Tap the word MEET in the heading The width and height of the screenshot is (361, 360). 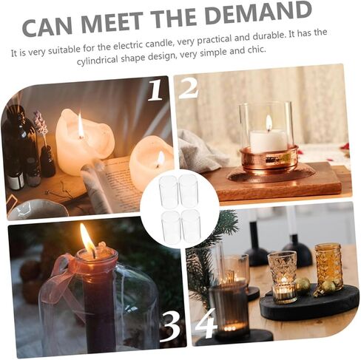[x=112, y=21]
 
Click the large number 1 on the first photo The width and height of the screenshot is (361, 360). [x=156, y=91]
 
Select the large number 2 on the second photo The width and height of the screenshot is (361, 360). [x=189, y=89]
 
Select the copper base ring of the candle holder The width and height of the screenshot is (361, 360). [x=269, y=158]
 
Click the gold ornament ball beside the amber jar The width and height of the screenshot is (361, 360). [x=303, y=285]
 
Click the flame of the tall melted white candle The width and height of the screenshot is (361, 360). [x=81, y=125]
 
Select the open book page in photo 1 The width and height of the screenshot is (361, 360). [x=116, y=183]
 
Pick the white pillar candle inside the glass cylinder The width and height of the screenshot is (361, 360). [x=269, y=140]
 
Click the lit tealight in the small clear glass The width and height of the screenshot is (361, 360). [x=284, y=290]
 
